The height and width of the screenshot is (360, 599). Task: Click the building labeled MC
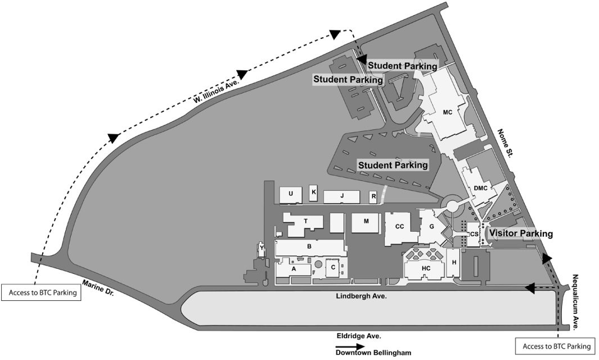coord(447,112)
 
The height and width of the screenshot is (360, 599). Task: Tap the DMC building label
coord(479,188)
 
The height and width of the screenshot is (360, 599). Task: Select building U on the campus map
coord(291,195)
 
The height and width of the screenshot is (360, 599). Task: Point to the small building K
coord(314,192)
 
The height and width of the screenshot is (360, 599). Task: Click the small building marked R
coord(373,197)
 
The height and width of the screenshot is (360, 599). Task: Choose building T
coord(305,222)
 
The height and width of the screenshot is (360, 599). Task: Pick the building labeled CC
coord(399,227)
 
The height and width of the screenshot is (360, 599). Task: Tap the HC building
coord(426,268)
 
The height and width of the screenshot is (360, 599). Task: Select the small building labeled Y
coord(262,248)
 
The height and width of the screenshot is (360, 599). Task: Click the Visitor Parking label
coord(521,233)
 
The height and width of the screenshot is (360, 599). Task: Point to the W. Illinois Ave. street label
coord(217,91)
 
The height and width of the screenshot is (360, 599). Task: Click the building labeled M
coord(366,222)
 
